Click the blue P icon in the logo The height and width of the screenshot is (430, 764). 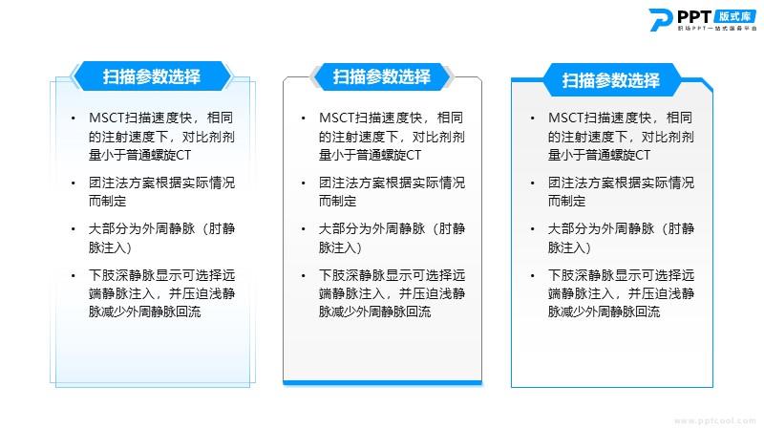[660, 19]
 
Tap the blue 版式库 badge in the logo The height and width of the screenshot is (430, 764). [735, 16]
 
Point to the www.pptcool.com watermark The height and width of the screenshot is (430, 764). [714, 420]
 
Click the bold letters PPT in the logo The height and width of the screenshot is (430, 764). [694, 17]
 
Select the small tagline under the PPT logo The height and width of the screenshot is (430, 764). [717, 29]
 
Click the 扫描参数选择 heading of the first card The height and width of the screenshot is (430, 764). [152, 76]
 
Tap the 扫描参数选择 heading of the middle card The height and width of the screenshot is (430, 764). [381, 76]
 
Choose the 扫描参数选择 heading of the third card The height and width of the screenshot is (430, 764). [611, 80]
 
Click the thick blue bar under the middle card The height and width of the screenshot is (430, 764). [383, 383]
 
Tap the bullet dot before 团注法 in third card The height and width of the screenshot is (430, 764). [533, 183]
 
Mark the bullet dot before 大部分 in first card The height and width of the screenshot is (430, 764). [74, 229]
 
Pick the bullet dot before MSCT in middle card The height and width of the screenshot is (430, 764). [303, 118]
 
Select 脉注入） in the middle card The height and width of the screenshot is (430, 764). [340, 247]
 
